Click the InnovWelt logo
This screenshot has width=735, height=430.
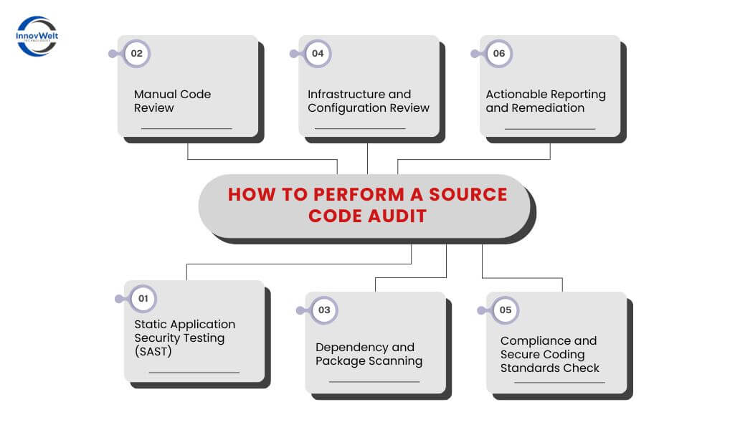(37, 36)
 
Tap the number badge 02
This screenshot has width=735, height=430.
(136, 53)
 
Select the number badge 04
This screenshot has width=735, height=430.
(318, 53)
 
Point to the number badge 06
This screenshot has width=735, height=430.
(498, 53)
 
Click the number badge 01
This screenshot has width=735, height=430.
(143, 298)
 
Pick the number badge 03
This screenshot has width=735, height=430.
(324, 310)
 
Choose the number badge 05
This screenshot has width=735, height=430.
(506, 310)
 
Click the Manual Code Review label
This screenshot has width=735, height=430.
(172, 101)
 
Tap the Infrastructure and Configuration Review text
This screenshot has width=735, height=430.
(369, 101)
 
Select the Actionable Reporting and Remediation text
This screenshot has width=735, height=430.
(546, 101)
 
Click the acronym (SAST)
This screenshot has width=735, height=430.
(154, 351)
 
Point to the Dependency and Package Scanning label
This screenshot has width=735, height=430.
(369, 354)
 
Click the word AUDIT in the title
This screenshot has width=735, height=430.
(397, 216)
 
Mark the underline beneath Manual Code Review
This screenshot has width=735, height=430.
(186, 128)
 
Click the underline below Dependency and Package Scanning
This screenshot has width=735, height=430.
(374, 382)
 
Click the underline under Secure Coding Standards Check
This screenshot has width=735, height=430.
(559, 383)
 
